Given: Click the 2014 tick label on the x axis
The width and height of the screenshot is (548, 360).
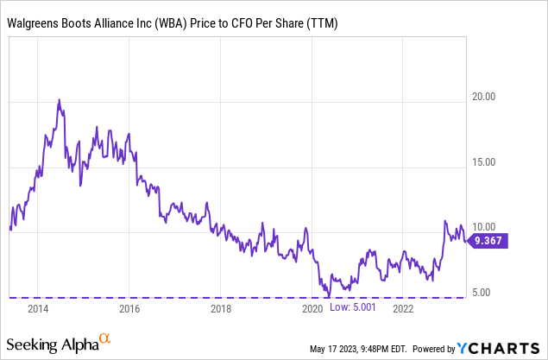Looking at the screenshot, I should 37,307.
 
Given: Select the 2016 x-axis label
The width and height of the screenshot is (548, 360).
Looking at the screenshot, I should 129,307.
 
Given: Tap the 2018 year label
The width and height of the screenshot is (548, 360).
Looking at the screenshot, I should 221,307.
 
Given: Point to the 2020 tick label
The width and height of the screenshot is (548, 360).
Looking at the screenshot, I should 312,307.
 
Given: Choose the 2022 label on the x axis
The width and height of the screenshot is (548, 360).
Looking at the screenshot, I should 404,307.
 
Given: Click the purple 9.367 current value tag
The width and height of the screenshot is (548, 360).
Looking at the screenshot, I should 490,242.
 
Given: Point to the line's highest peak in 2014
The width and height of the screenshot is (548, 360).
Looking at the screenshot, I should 59,100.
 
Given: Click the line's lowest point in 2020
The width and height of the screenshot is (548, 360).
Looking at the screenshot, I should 328,296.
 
